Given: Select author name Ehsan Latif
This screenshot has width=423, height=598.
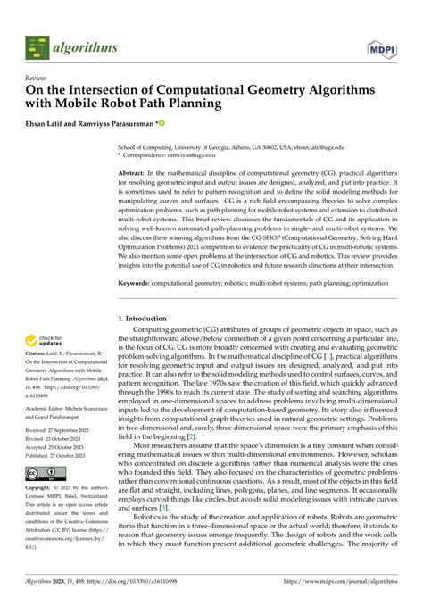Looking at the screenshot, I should [x=50, y=123].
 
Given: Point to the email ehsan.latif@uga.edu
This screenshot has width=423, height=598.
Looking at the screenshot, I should [x=320, y=146].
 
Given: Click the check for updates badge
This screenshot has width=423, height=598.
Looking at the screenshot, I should [x=47, y=341].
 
